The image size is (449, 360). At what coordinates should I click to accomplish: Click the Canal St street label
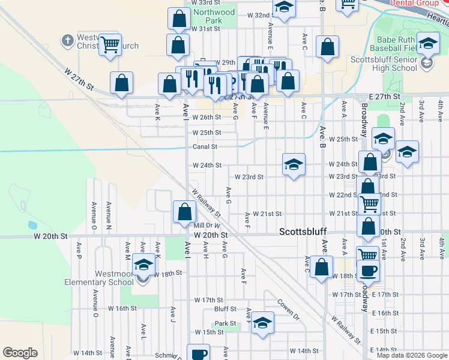tap(205, 146)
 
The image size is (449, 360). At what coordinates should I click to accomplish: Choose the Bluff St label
tap(225, 309)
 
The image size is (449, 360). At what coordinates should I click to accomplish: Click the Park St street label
tap(226, 323)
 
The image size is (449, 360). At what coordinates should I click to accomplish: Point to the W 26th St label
tap(206, 118)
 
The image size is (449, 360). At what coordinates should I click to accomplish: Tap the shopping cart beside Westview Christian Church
tap(110, 44)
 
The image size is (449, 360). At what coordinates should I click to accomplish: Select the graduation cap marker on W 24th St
tap(293, 164)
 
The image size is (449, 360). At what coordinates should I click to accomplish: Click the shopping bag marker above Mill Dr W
tap(184, 212)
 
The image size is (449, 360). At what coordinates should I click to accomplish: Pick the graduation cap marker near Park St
tap(262, 323)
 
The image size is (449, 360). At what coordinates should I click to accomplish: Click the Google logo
tap(20, 353)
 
